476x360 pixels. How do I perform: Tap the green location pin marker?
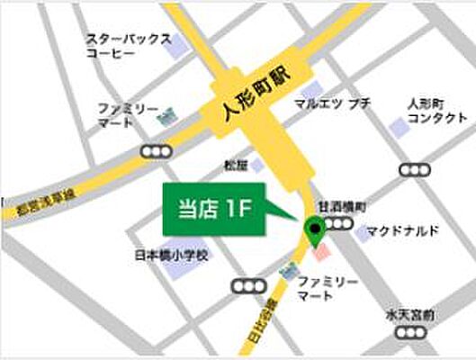(315, 230)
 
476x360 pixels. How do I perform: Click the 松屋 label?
(235, 165)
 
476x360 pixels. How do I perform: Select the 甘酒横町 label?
(346, 207)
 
